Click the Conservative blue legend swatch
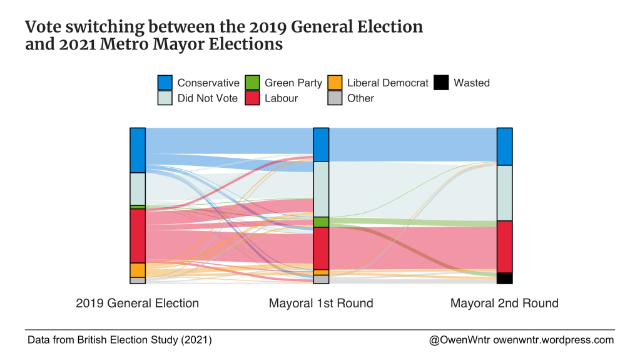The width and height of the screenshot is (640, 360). pyautogui.click(x=165, y=83)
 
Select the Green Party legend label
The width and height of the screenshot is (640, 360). pyautogui.click(x=293, y=83)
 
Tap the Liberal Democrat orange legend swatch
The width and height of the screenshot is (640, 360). pyautogui.click(x=335, y=83)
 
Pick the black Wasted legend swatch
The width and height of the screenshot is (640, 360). pyautogui.click(x=441, y=83)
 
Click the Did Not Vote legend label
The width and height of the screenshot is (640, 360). pyautogui.click(x=207, y=98)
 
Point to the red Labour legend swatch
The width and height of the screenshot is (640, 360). pyautogui.click(x=252, y=98)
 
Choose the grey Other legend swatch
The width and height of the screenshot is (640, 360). pyautogui.click(x=335, y=98)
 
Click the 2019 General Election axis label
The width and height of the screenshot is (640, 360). pyautogui.click(x=137, y=304)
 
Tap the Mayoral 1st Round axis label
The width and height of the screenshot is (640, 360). pyautogui.click(x=321, y=304)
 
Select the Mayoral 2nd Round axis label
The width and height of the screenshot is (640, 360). pyautogui.click(x=504, y=304)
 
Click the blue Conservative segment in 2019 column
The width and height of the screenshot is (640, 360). pyautogui.click(x=138, y=150)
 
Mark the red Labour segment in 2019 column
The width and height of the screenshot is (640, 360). pyautogui.click(x=138, y=235)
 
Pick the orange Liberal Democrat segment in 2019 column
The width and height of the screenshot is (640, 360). pyautogui.click(x=138, y=270)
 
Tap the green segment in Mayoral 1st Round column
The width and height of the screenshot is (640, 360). pyautogui.click(x=321, y=222)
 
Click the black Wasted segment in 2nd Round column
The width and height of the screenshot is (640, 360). pyautogui.click(x=504, y=278)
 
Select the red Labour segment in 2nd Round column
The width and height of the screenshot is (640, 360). pyautogui.click(x=504, y=247)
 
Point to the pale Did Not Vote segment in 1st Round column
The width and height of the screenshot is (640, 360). pyautogui.click(x=321, y=189)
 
